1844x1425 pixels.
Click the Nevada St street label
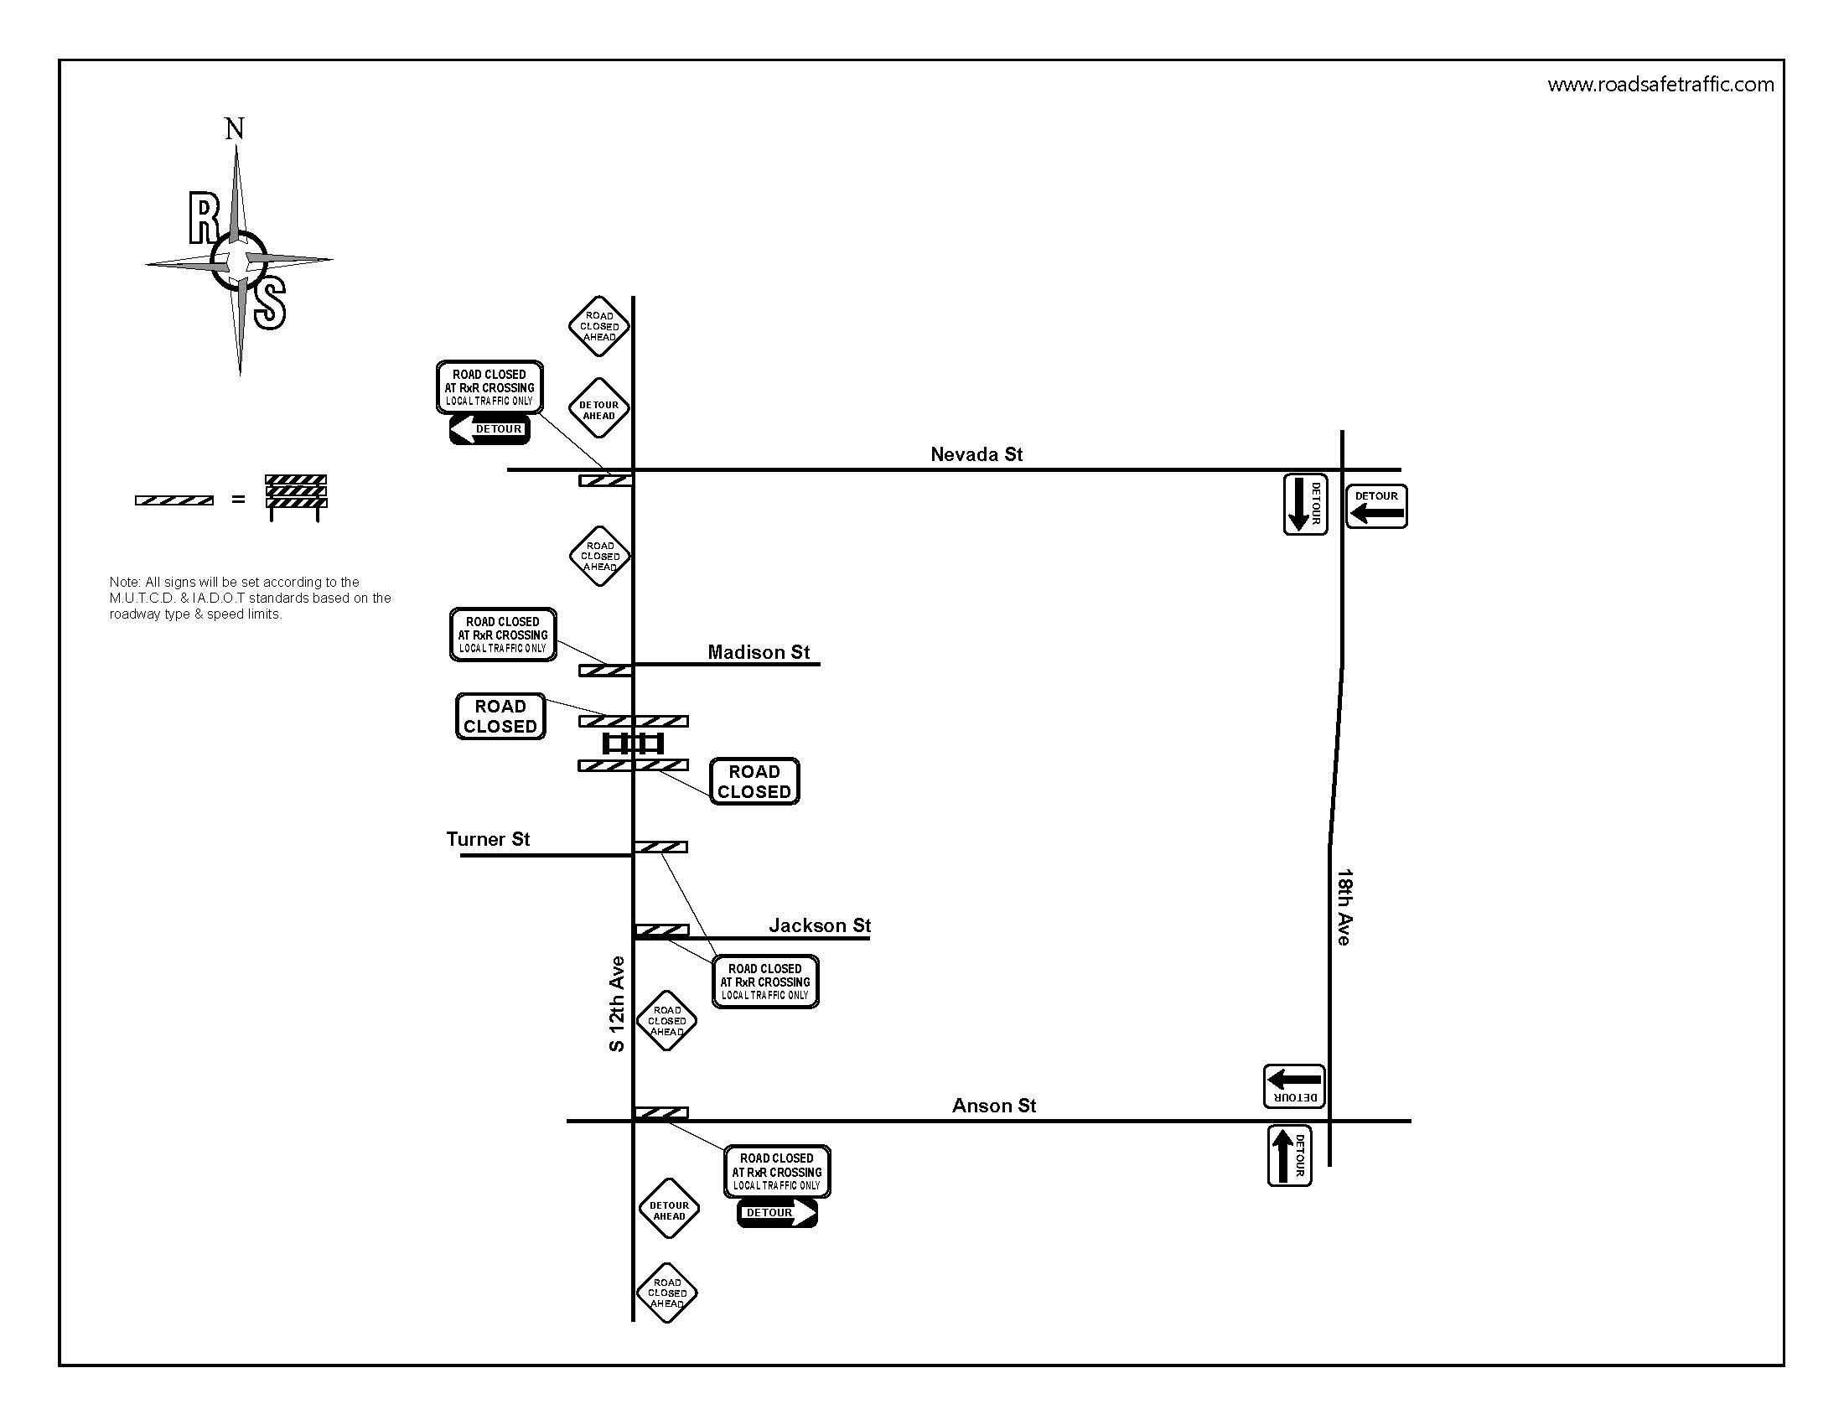[x=976, y=454]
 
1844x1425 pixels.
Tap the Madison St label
[x=759, y=651]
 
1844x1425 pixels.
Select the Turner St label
[x=488, y=839]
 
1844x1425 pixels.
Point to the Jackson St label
[x=819, y=925]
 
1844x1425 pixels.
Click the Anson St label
[x=994, y=1105]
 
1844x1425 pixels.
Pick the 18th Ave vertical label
[x=1344, y=907]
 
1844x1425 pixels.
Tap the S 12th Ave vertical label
[x=617, y=1003]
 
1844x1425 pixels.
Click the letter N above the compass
[x=235, y=129]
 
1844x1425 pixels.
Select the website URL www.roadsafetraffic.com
[x=1660, y=85]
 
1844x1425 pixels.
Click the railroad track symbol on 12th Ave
[x=633, y=744]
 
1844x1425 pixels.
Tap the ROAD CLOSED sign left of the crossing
[x=500, y=717]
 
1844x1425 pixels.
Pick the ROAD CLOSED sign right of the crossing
[x=754, y=782]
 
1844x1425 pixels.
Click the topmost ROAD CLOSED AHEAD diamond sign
[x=599, y=326]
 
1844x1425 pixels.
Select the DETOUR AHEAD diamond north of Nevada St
[x=599, y=409]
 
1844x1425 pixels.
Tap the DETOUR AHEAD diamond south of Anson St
[x=669, y=1210]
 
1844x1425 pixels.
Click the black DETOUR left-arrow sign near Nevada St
[x=489, y=429]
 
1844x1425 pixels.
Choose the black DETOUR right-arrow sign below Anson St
[x=777, y=1213]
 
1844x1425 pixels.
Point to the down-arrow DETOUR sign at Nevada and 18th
[x=1305, y=504]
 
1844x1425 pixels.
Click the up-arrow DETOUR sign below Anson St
[x=1289, y=1156]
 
